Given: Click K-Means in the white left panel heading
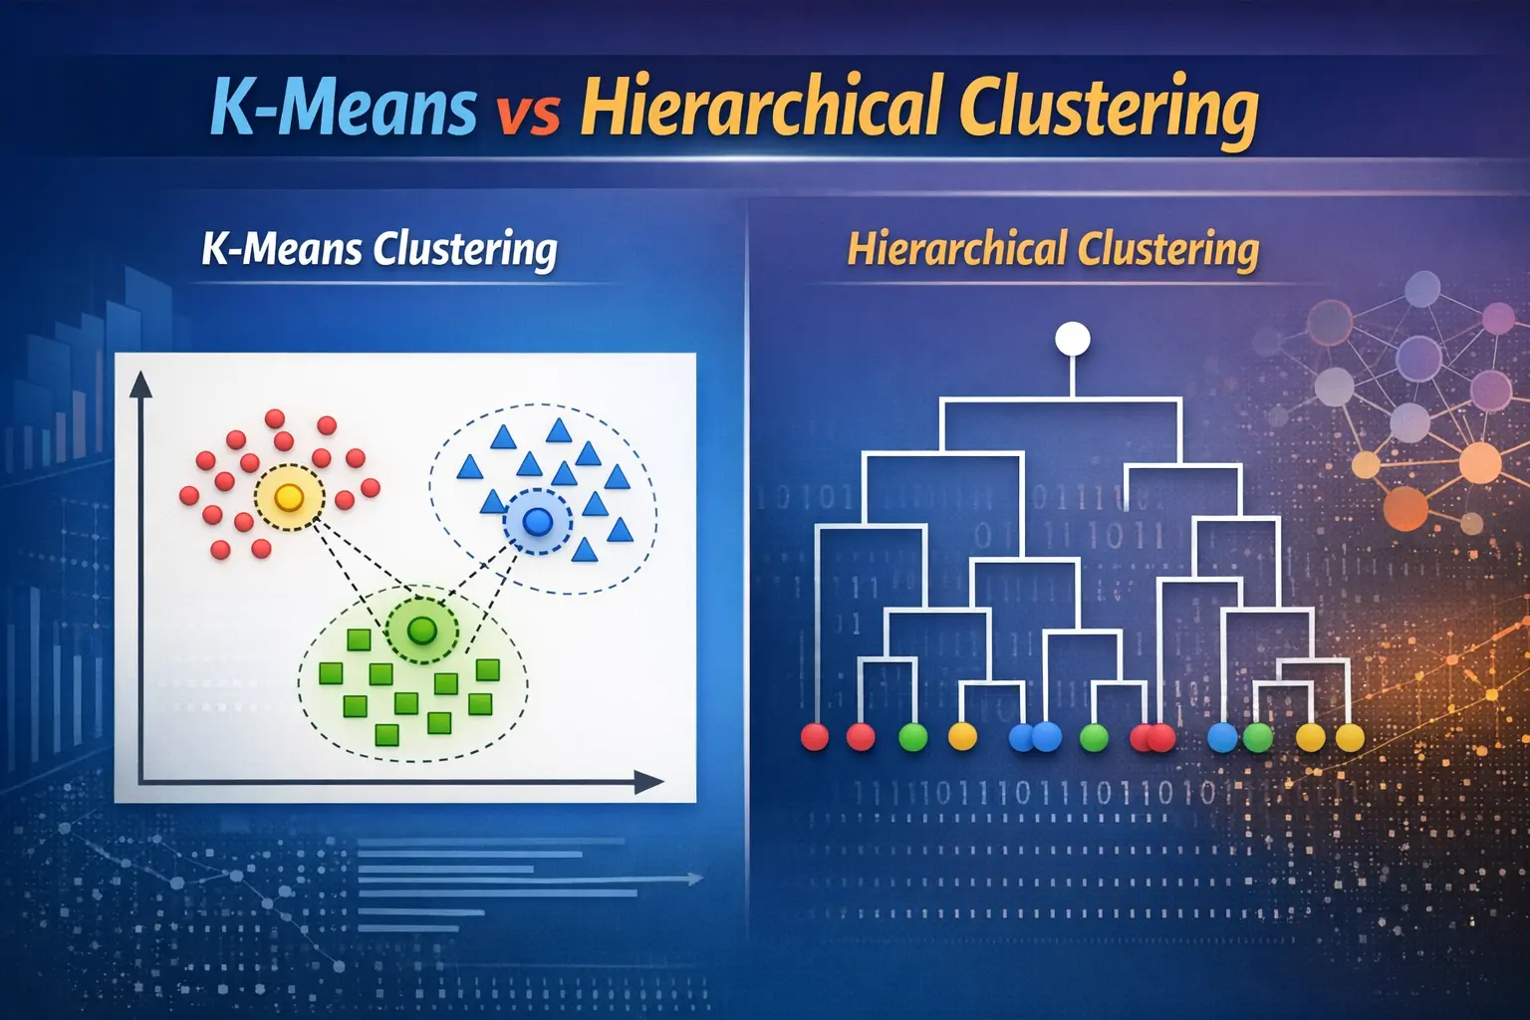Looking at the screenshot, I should click(281, 248).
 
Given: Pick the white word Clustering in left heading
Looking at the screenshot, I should click(464, 250).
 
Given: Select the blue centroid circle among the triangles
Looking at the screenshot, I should click(537, 520).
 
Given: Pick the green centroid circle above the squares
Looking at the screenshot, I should click(422, 630).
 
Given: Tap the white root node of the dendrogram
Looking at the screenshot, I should click(1072, 339).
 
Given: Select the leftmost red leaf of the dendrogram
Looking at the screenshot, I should click(815, 737).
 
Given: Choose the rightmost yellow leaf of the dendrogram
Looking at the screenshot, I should click(1349, 737).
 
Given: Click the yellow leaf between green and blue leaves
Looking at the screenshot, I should click(962, 737).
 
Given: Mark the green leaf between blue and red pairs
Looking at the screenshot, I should click(1094, 737).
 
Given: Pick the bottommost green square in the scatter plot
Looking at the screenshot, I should click(386, 736).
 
